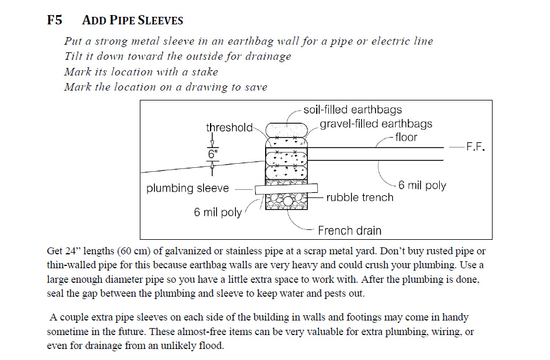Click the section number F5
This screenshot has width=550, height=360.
[x=55, y=20]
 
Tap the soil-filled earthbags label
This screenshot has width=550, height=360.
[x=353, y=110]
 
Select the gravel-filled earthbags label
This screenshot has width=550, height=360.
[x=376, y=124]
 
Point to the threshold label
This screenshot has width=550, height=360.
[x=229, y=127]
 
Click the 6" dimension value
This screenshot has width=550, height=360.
[x=212, y=154]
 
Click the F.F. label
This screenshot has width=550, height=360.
[x=475, y=147]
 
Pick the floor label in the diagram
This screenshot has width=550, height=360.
[x=406, y=137]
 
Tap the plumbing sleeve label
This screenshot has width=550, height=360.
[x=187, y=188]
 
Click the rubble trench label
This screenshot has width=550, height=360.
[x=360, y=197]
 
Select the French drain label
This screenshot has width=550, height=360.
[x=349, y=231]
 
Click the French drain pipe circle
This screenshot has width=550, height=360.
[x=288, y=201]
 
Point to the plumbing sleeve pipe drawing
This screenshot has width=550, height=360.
[x=286, y=189]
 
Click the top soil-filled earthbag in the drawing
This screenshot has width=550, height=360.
[x=287, y=130]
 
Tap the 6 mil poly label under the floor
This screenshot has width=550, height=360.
[x=422, y=185]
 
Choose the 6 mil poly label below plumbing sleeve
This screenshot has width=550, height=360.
[x=218, y=212]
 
